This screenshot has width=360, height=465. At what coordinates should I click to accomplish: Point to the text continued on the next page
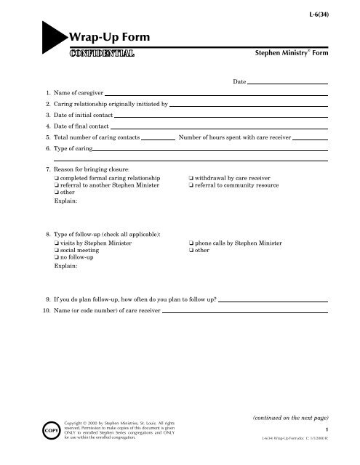click(289, 418)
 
